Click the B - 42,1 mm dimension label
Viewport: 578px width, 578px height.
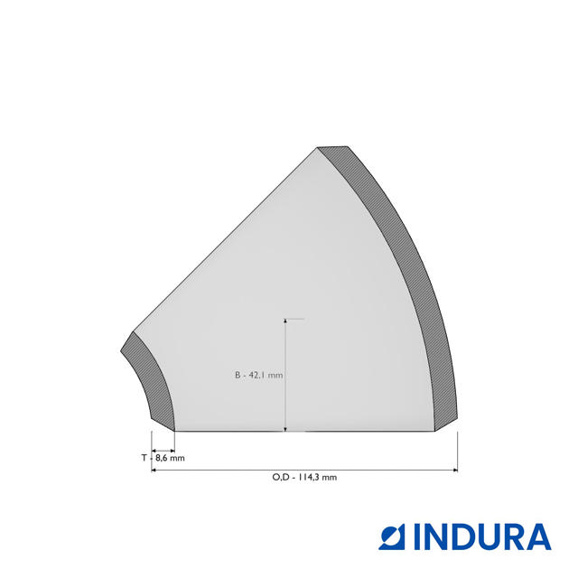click(259, 376)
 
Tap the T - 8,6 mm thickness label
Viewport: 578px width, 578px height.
click(163, 458)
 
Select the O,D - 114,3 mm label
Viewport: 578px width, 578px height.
click(304, 477)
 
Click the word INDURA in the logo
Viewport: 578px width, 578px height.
click(482, 537)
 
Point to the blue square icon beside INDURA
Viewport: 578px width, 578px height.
click(391, 537)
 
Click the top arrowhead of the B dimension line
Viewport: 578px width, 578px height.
click(285, 322)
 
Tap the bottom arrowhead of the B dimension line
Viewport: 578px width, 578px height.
click(285, 428)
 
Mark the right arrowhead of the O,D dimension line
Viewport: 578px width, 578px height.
click(455, 470)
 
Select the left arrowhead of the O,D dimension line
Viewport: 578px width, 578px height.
click(154, 470)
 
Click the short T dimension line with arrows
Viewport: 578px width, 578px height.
click(163, 451)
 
